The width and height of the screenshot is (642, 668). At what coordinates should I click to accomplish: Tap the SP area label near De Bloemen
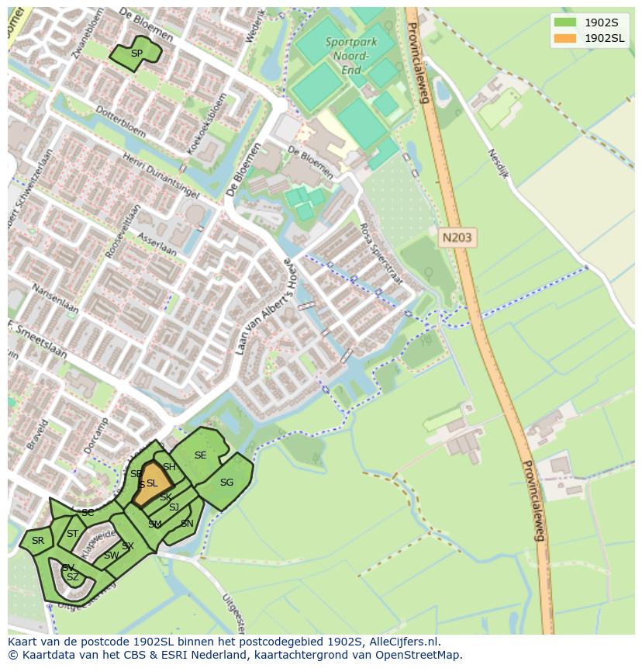[136, 54]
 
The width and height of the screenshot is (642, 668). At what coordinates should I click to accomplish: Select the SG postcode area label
[226, 483]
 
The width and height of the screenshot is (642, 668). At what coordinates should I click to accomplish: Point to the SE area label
[200, 455]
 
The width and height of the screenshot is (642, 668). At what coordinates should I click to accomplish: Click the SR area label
[37, 541]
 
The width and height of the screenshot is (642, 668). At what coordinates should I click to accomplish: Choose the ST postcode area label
[72, 533]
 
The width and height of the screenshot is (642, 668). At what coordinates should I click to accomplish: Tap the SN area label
[187, 524]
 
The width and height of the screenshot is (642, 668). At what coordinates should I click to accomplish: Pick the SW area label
[111, 555]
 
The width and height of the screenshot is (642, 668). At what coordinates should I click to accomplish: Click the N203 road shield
[457, 237]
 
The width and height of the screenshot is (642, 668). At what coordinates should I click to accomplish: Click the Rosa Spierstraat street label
[381, 254]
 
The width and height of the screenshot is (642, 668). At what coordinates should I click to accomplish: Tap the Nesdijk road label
[498, 163]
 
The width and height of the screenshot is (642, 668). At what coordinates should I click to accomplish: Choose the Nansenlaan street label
[51, 299]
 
